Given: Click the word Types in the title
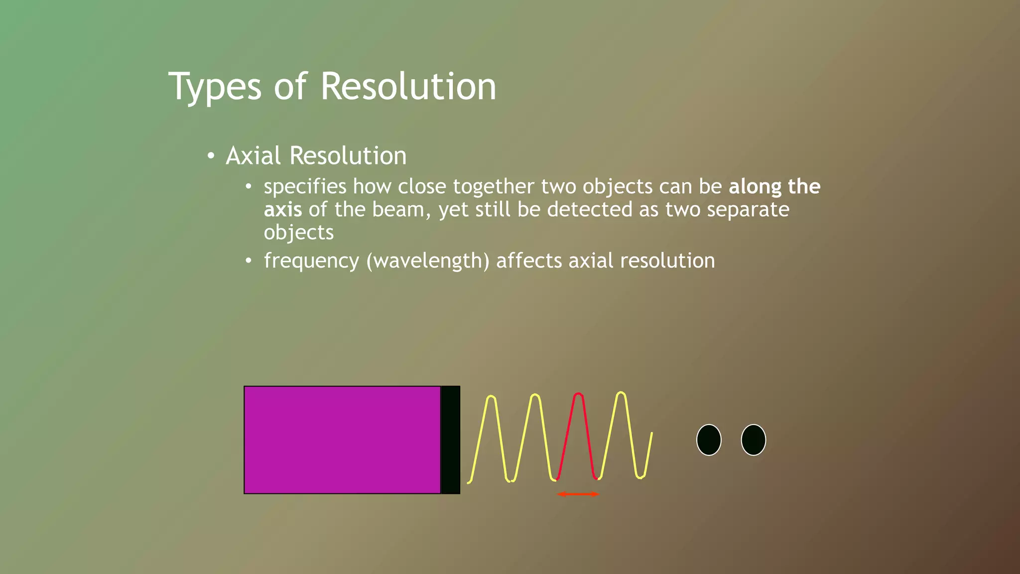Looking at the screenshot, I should click(214, 87).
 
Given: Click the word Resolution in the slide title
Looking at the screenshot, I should click(408, 86).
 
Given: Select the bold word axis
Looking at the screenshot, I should click(282, 210).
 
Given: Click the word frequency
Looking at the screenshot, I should click(311, 261).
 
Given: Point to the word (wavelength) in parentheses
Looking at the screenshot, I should click(428, 261).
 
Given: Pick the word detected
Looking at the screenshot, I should click(589, 210).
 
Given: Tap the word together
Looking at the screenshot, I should click(493, 187).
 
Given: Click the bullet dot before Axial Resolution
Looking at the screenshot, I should click(211, 156).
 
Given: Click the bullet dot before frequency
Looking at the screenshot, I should click(249, 261).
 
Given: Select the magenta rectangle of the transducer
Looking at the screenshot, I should click(342, 440).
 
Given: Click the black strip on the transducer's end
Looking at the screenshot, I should click(450, 440).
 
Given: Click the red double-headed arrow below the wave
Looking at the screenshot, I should click(578, 494).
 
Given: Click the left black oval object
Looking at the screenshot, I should click(709, 440).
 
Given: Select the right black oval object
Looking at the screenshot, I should click(753, 440).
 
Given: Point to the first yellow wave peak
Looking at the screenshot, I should click(491, 398).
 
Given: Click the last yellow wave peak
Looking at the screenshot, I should click(621, 394).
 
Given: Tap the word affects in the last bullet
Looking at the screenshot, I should click(529, 261).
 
